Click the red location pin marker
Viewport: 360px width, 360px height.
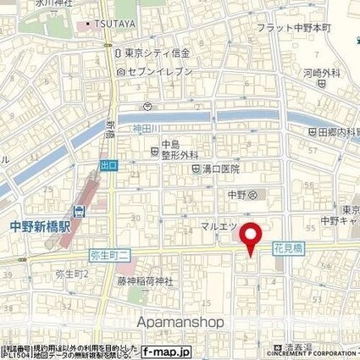251,236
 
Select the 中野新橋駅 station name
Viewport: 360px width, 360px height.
41,226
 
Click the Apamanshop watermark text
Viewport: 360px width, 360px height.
180,323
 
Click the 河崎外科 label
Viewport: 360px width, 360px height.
324,75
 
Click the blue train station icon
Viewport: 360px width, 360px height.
78,211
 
